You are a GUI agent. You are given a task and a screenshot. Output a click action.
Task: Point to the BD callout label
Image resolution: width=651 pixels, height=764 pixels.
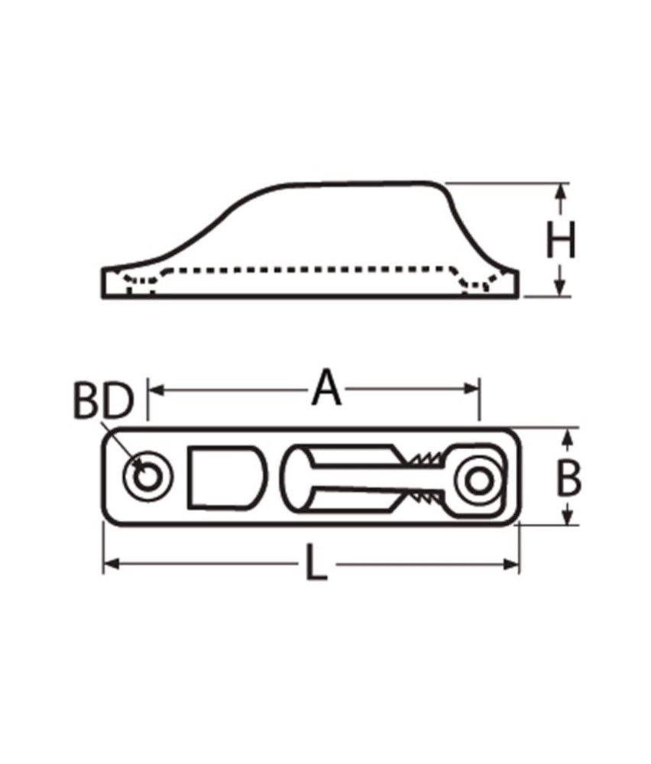coord(104,400)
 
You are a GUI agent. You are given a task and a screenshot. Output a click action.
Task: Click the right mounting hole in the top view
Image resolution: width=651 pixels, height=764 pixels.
coord(478,481)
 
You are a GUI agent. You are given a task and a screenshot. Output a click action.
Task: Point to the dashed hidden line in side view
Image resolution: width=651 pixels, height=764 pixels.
coord(306,270)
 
